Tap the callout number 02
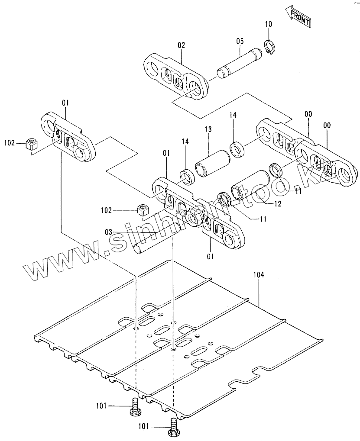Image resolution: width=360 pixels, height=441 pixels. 182,45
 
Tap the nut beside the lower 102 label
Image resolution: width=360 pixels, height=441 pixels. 143,209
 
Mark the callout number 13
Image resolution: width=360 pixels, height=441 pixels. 208,129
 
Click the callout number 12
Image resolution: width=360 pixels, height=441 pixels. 278,204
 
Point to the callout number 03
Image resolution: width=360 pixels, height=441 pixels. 109,232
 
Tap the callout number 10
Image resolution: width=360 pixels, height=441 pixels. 269,24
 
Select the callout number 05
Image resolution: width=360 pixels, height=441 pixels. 240,41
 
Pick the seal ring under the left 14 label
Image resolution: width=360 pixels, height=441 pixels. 187,177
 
